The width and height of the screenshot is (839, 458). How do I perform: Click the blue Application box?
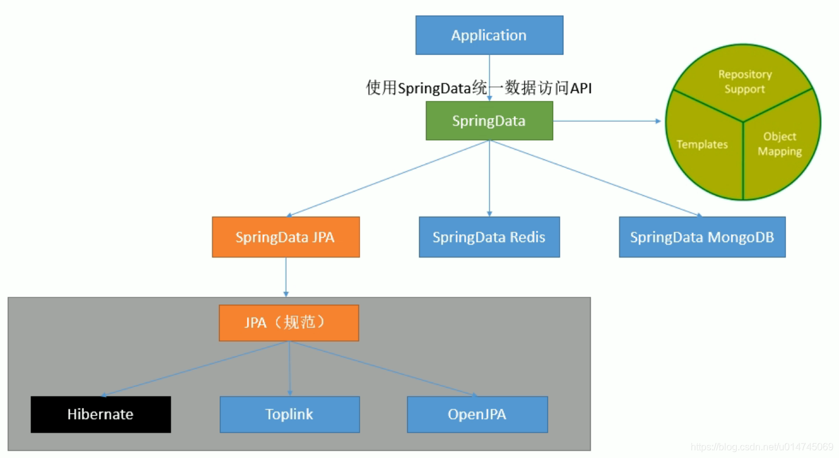(489, 35)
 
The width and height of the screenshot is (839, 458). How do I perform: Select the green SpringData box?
(489, 120)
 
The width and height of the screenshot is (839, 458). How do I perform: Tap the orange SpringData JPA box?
(285, 237)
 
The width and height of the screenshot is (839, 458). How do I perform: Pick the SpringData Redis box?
(489, 237)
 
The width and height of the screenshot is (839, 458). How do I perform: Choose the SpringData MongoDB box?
(702, 237)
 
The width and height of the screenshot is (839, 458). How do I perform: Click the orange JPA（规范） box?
(288, 322)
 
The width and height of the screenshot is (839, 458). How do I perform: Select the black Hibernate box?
(100, 414)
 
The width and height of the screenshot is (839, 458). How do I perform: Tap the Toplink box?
(290, 414)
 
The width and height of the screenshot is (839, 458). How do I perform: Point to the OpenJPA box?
(477, 414)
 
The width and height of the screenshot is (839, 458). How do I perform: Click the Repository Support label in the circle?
(745, 82)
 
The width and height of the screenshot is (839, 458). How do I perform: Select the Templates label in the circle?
(702, 144)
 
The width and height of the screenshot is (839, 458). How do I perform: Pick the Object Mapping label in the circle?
(779, 144)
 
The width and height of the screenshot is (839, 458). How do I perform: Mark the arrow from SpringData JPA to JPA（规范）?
(286, 277)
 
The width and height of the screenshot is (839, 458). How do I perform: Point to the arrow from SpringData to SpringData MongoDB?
(596, 178)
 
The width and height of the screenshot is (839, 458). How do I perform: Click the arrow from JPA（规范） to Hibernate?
(195, 369)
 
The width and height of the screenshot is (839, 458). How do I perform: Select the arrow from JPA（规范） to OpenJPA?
(383, 369)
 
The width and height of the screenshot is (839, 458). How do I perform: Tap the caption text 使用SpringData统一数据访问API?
(479, 88)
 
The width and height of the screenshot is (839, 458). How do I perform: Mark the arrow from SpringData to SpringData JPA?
(388, 178)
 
